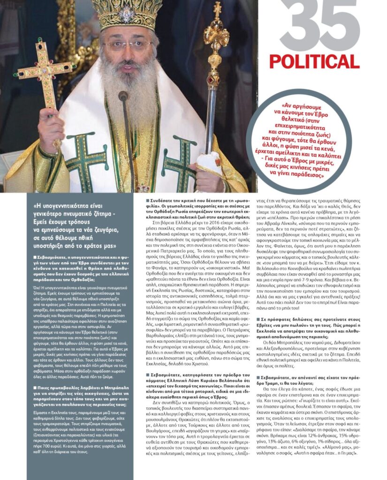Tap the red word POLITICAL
[x=314, y=61]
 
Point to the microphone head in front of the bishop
[x=123, y=97]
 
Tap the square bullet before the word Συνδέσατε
[x=147, y=200]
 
